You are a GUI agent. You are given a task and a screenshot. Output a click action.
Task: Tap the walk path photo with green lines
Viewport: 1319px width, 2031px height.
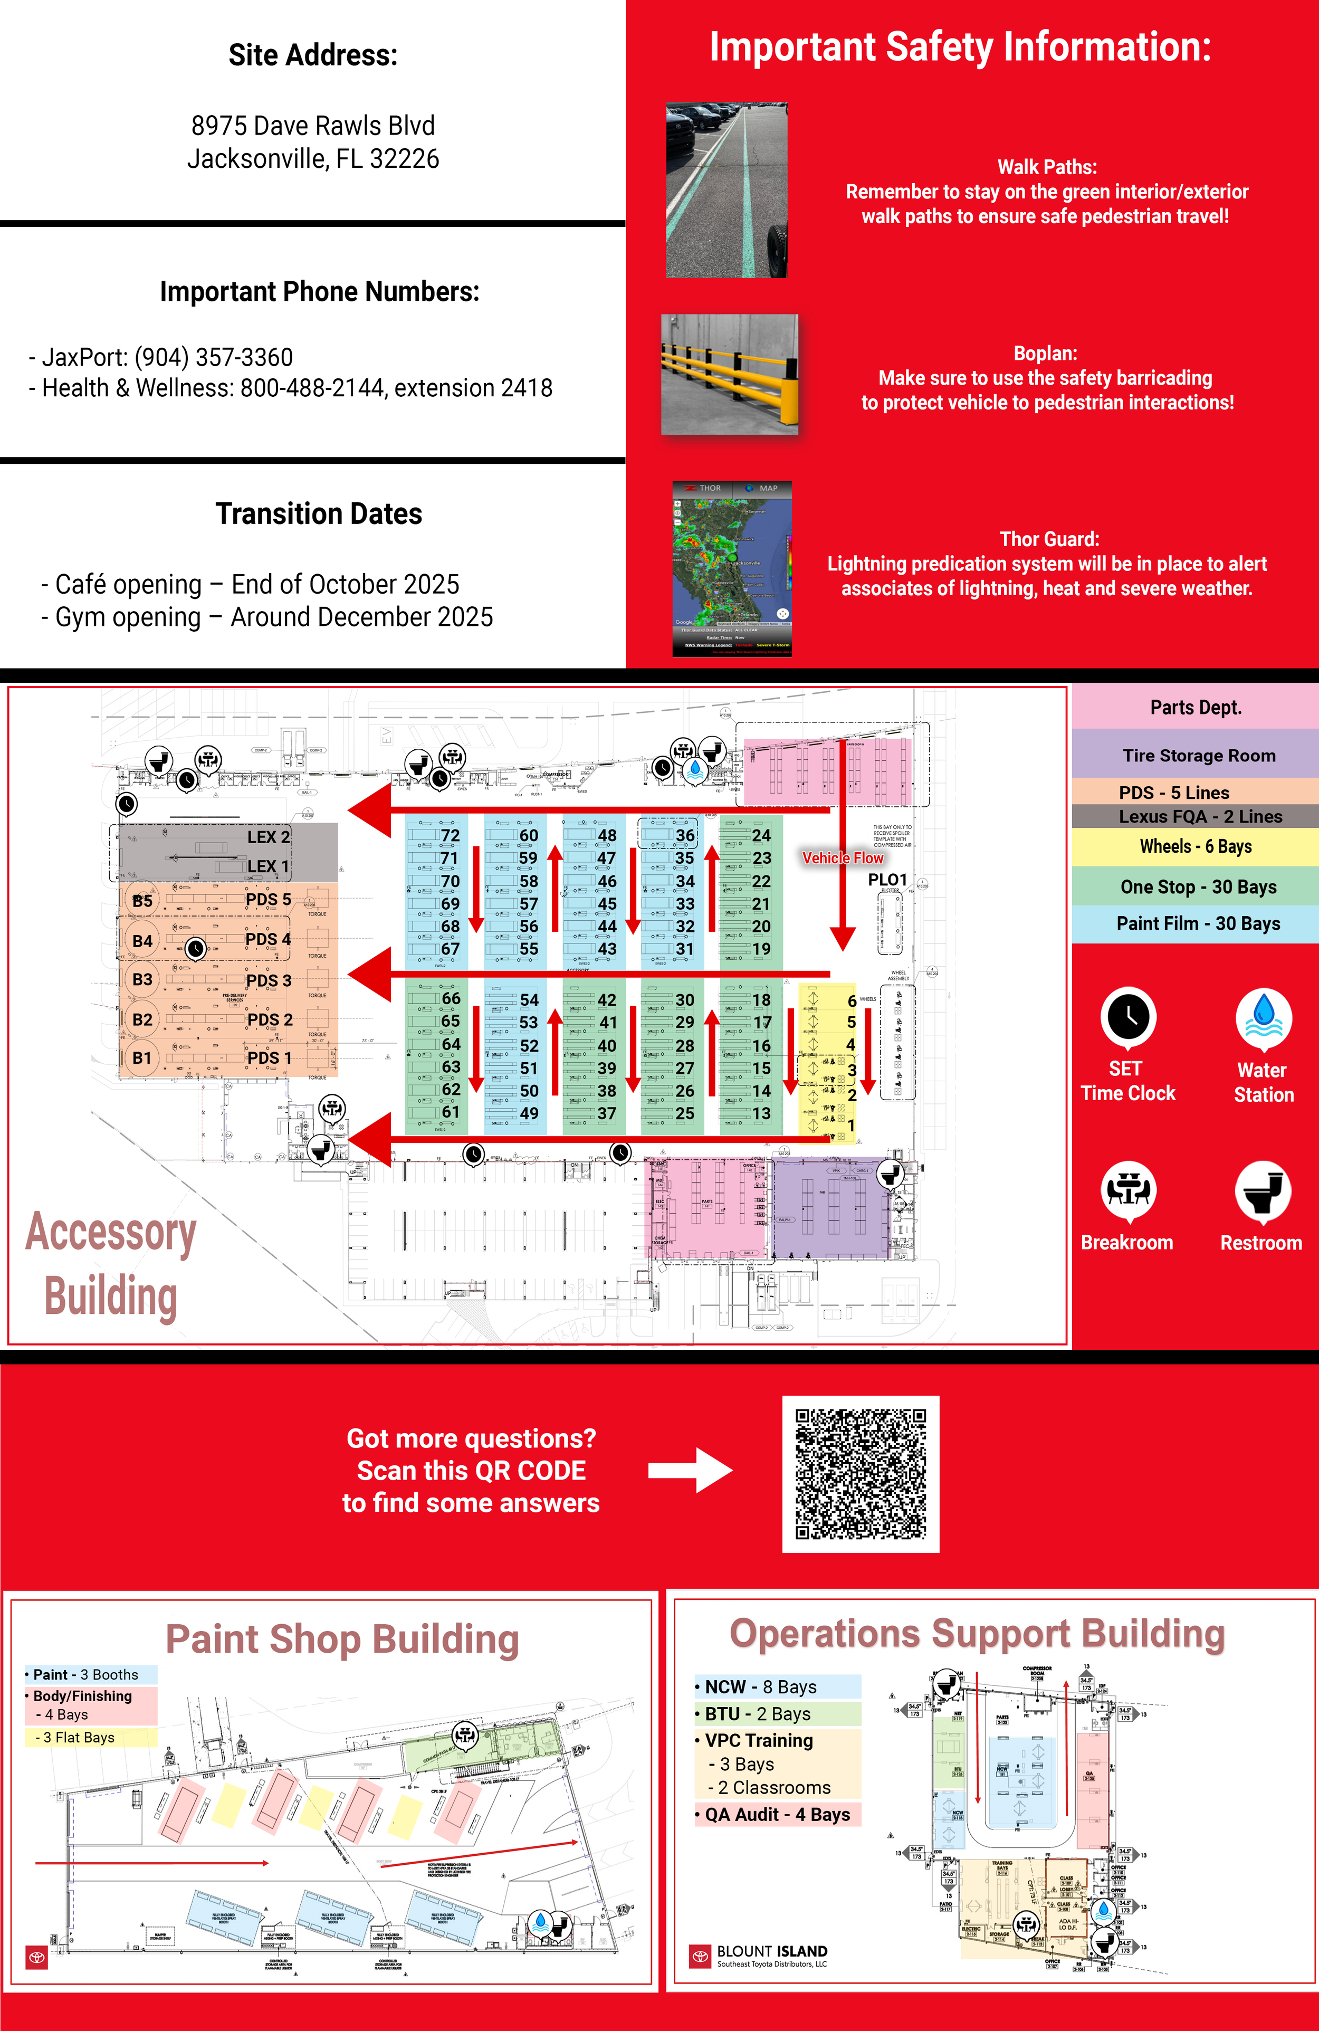click(726, 189)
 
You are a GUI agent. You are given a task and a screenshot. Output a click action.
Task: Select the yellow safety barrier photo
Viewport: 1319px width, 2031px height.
click(730, 374)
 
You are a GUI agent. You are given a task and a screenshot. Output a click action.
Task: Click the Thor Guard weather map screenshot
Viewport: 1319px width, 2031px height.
click(732, 568)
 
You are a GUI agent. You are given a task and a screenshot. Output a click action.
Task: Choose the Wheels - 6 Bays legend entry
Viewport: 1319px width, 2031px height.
click(1196, 846)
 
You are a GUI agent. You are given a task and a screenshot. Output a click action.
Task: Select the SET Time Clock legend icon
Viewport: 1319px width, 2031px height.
click(1128, 1017)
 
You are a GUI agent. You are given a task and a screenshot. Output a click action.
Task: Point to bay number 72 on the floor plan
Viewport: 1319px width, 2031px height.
click(450, 835)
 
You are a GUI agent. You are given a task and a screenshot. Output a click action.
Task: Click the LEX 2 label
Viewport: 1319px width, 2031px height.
click(268, 837)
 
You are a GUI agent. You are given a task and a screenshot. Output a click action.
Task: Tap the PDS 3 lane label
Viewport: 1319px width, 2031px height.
click(269, 980)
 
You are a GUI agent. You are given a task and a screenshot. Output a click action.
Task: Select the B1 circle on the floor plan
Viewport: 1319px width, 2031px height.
click(141, 1058)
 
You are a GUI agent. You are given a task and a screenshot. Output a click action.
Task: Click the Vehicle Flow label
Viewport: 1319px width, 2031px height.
click(842, 857)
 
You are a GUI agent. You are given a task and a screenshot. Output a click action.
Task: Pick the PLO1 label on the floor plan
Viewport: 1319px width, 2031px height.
click(887, 879)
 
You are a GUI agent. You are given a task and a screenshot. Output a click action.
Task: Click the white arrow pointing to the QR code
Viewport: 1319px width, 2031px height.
click(690, 1470)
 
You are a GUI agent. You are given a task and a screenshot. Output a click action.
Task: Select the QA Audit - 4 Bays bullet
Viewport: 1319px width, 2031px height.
click(777, 1814)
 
